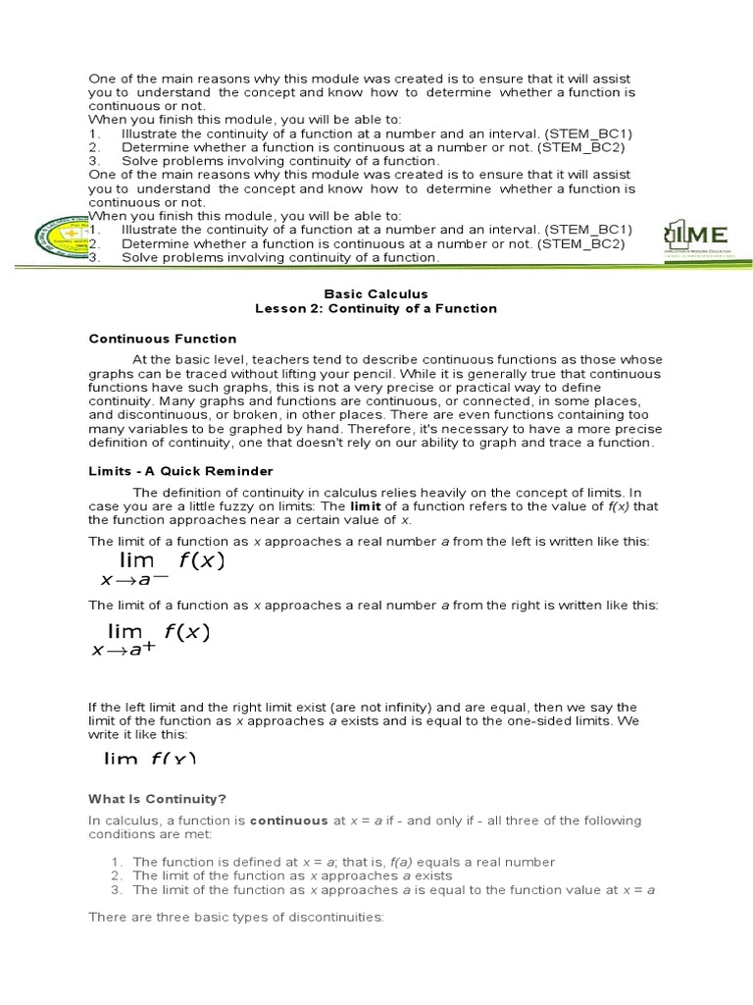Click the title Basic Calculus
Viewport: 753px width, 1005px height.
pyautogui.click(x=376, y=293)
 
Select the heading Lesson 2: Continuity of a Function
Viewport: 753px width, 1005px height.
pyautogui.click(x=376, y=308)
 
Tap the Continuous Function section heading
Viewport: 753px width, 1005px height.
pyautogui.click(x=163, y=339)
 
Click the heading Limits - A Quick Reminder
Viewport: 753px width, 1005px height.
pyautogui.click(x=180, y=471)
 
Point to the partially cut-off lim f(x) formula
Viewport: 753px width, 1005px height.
pyautogui.click(x=150, y=758)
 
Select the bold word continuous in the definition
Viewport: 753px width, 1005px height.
pyautogui.click(x=289, y=820)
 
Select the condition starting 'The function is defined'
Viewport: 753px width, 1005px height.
pyautogui.click(x=343, y=862)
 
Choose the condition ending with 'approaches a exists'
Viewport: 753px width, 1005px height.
pyautogui.click(x=292, y=875)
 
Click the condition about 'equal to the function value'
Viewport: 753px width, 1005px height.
pyautogui.click(x=393, y=890)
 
